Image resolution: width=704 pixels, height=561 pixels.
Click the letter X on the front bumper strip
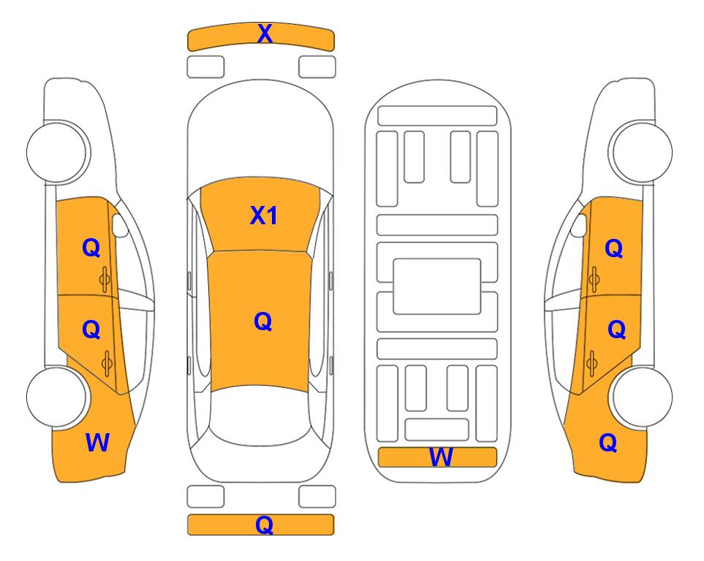(x=265, y=34)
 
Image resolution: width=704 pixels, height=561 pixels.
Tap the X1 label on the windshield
(x=264, y=216)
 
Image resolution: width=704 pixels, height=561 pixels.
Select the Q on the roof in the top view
(x=262, y=322)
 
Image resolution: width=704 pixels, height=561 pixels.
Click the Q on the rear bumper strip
(x=264, y=524)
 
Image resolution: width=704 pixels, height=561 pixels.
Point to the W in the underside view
(x=440, y=457)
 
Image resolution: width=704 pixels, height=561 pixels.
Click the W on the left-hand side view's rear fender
(x=97, y=443)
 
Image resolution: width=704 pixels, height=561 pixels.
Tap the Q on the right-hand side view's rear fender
(x=608, y=443)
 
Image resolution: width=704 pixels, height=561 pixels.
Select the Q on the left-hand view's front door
(x=91, y=248)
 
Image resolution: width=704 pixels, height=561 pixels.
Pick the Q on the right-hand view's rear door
(x=616, y=330)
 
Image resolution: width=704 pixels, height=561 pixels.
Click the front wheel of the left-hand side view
(x=57, y=152)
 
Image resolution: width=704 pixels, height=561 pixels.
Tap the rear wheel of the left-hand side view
(x=56, y=397)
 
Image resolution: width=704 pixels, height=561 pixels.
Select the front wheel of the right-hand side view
(x=641, y=152)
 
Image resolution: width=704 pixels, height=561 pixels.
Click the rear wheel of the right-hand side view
(x=642, y=397)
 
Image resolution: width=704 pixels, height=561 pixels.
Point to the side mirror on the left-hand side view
(x=120, y=225)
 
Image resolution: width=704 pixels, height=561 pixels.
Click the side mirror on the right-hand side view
(x=579, y=225)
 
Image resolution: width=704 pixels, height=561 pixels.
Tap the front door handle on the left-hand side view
(x=105, y=279)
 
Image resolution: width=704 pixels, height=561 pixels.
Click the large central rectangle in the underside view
(x=437, y=286)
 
